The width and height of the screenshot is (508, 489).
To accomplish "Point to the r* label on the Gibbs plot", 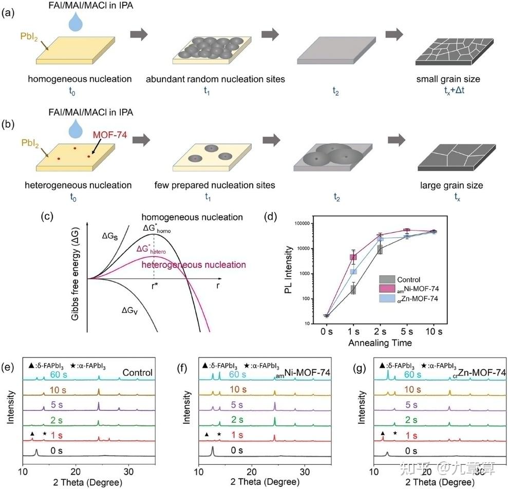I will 154,287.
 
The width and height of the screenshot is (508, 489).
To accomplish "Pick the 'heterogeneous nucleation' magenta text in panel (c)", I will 194,265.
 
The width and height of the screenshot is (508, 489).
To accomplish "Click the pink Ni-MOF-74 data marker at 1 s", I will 353,257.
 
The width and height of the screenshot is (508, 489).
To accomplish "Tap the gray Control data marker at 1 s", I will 353,289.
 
